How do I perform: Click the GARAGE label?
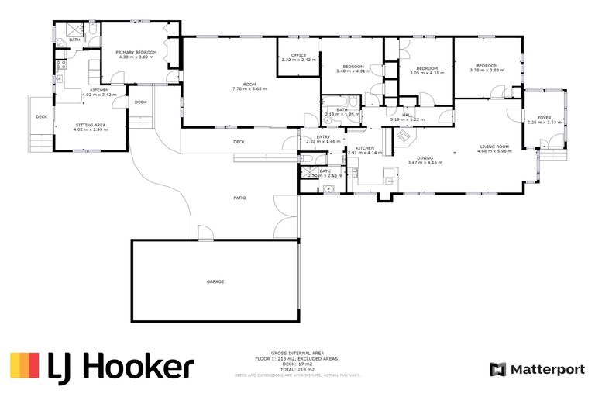(215, 281)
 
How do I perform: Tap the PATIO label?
(239, 198)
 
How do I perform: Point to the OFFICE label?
(298, 55)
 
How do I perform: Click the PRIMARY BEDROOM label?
(138, 53)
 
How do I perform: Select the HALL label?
(407, 115)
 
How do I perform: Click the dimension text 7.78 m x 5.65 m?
(249, 89)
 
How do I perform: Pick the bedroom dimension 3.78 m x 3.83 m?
(487, 71)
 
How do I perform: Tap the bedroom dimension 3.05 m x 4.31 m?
(427, 73)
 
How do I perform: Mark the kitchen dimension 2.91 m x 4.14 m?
(364, 153)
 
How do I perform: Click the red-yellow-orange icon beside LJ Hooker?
(24, 366)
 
